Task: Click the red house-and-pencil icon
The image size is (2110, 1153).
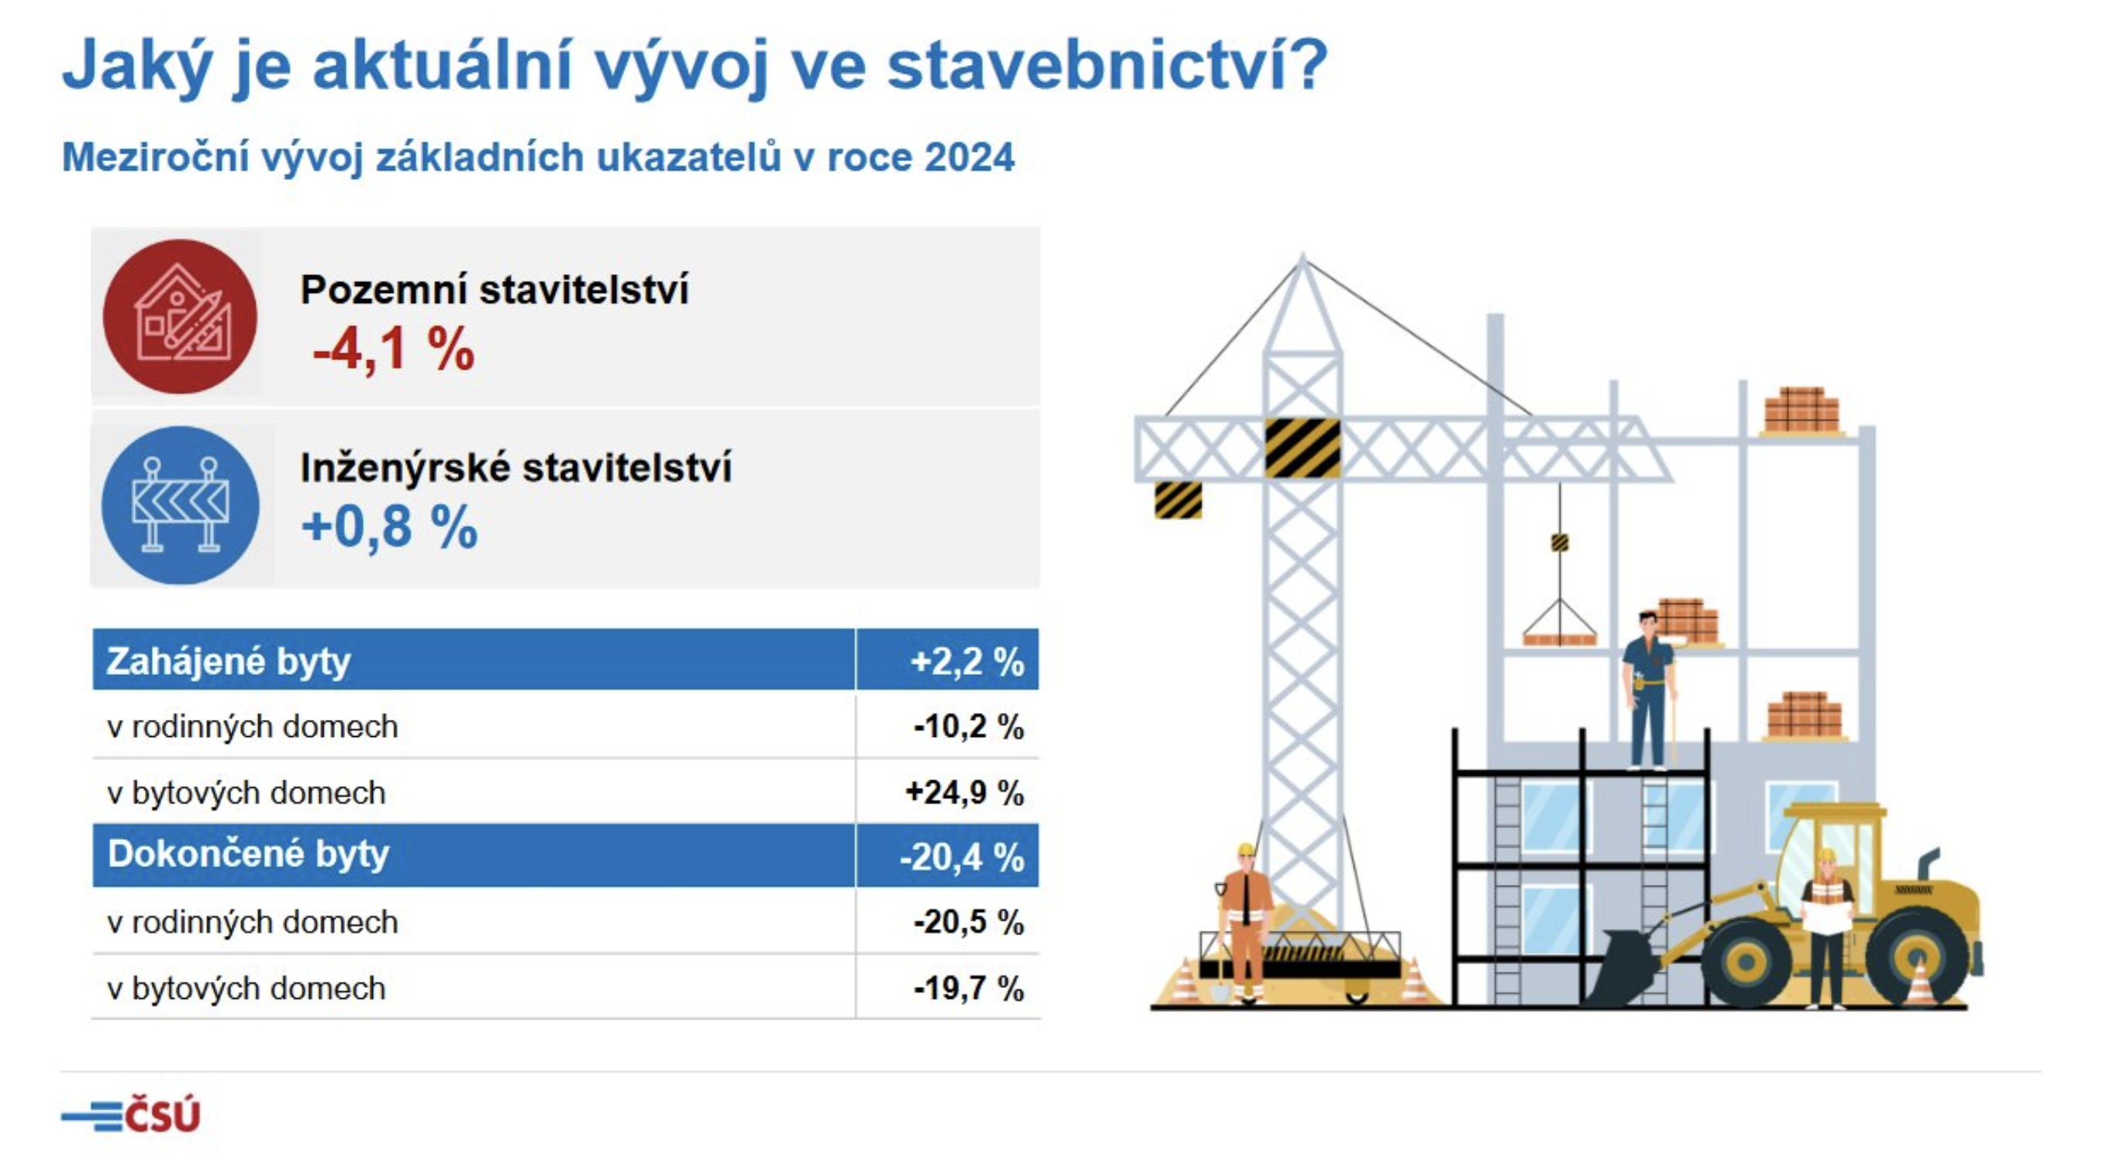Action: click(x=179, y=316)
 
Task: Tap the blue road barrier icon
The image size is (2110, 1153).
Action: click(x=180, y=505)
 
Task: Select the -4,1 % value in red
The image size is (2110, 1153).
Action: click(x=393, y=349)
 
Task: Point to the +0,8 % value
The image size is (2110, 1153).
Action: click(x=390, y=527)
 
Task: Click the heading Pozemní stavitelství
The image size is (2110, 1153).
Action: click(x=495, y=290)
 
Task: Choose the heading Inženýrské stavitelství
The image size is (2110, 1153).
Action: click(x=516, y=467)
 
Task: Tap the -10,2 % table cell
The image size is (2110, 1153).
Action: click(x=969, y=726)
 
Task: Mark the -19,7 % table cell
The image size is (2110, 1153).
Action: click(x=969, y=989)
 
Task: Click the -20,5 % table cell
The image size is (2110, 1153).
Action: click(x=969, y=923)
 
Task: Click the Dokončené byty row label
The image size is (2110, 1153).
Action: click(x=248, y=854)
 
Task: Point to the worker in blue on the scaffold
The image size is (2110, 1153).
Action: click(x=1649, y=690)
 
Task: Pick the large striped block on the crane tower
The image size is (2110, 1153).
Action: click(x=1302, y=448)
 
